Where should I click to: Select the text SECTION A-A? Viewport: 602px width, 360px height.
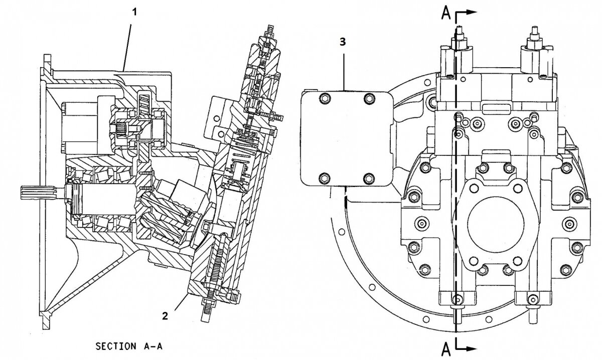[129, 346]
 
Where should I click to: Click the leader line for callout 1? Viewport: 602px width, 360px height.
[127, 40]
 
